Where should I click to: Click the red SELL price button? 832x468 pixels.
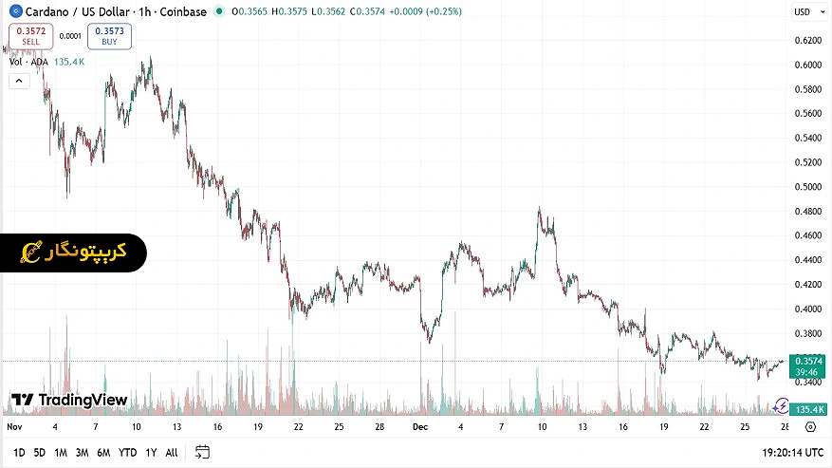tap(31, 36)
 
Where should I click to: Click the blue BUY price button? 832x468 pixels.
tap(110, 36)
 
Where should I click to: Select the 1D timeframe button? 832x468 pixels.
tap(19, 452)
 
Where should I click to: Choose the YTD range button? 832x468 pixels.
tap(127, 452)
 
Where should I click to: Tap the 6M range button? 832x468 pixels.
tap(103, 452)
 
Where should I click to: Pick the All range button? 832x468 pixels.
tap(171, 452)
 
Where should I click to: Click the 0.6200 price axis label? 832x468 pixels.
tap(808, 41)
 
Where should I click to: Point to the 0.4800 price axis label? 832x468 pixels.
tap(808, 212)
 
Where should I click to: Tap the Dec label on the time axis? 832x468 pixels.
tap(420, 427)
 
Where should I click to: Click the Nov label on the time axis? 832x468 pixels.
tap(13, 427)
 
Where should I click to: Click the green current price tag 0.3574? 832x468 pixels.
tap(808, 361)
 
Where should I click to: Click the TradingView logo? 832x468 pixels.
tap(69, 400)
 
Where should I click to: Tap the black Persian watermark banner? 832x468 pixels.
tap(74, 252)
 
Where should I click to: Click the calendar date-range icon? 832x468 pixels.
tap(202, 452)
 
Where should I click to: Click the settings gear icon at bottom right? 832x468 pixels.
tap(810, 427)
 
